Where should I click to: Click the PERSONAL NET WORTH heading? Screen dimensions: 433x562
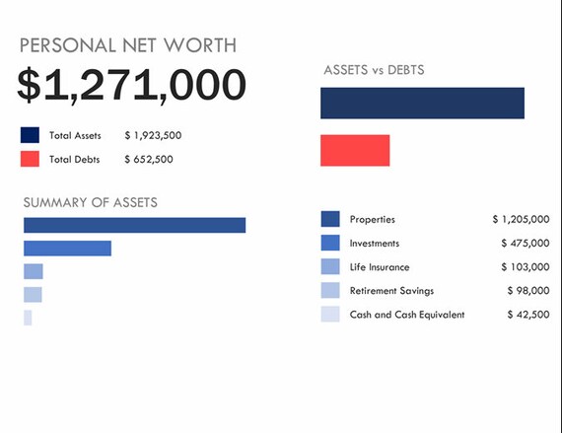point(128,45)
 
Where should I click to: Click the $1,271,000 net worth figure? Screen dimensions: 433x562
point(131,86)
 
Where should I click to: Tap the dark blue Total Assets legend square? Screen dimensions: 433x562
point(30,135)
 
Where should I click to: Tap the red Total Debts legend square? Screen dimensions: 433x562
point(30,159)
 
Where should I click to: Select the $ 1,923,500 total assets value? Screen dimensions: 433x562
point(153,135)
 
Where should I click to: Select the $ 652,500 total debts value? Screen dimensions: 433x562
point(149,159)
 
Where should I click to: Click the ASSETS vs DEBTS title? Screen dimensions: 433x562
point(375,70)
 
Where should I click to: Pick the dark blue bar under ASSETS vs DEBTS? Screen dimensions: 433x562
point(422,103)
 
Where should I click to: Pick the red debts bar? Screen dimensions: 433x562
point(355,150)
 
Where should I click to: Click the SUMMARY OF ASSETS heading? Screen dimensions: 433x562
point(90,202)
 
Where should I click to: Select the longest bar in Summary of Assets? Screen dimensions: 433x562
point(134,225)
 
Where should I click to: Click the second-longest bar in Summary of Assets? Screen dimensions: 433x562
point(67,248)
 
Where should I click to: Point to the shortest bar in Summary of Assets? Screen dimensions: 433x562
point(28,318)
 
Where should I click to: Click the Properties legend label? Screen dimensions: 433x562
point(372,219)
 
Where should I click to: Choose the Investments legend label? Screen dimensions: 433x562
point(375,243)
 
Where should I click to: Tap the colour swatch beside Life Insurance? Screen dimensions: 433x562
point(330,266)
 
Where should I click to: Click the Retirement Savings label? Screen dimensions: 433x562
point(391,291)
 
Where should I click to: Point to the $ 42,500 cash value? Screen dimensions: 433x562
point(527,315)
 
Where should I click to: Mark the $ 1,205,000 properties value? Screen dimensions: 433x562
point(521,219)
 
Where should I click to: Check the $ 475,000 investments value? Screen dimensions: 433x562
point(525,243)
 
